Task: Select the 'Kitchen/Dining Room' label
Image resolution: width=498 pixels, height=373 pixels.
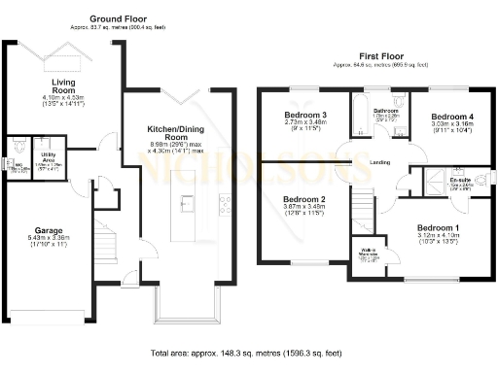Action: [174, 135]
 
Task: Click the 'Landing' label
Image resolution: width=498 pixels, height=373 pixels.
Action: [380, 161]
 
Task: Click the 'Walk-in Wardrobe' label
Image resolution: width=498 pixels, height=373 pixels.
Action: [368, 258]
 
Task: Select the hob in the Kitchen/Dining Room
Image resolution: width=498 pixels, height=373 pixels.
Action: [225, 203]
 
